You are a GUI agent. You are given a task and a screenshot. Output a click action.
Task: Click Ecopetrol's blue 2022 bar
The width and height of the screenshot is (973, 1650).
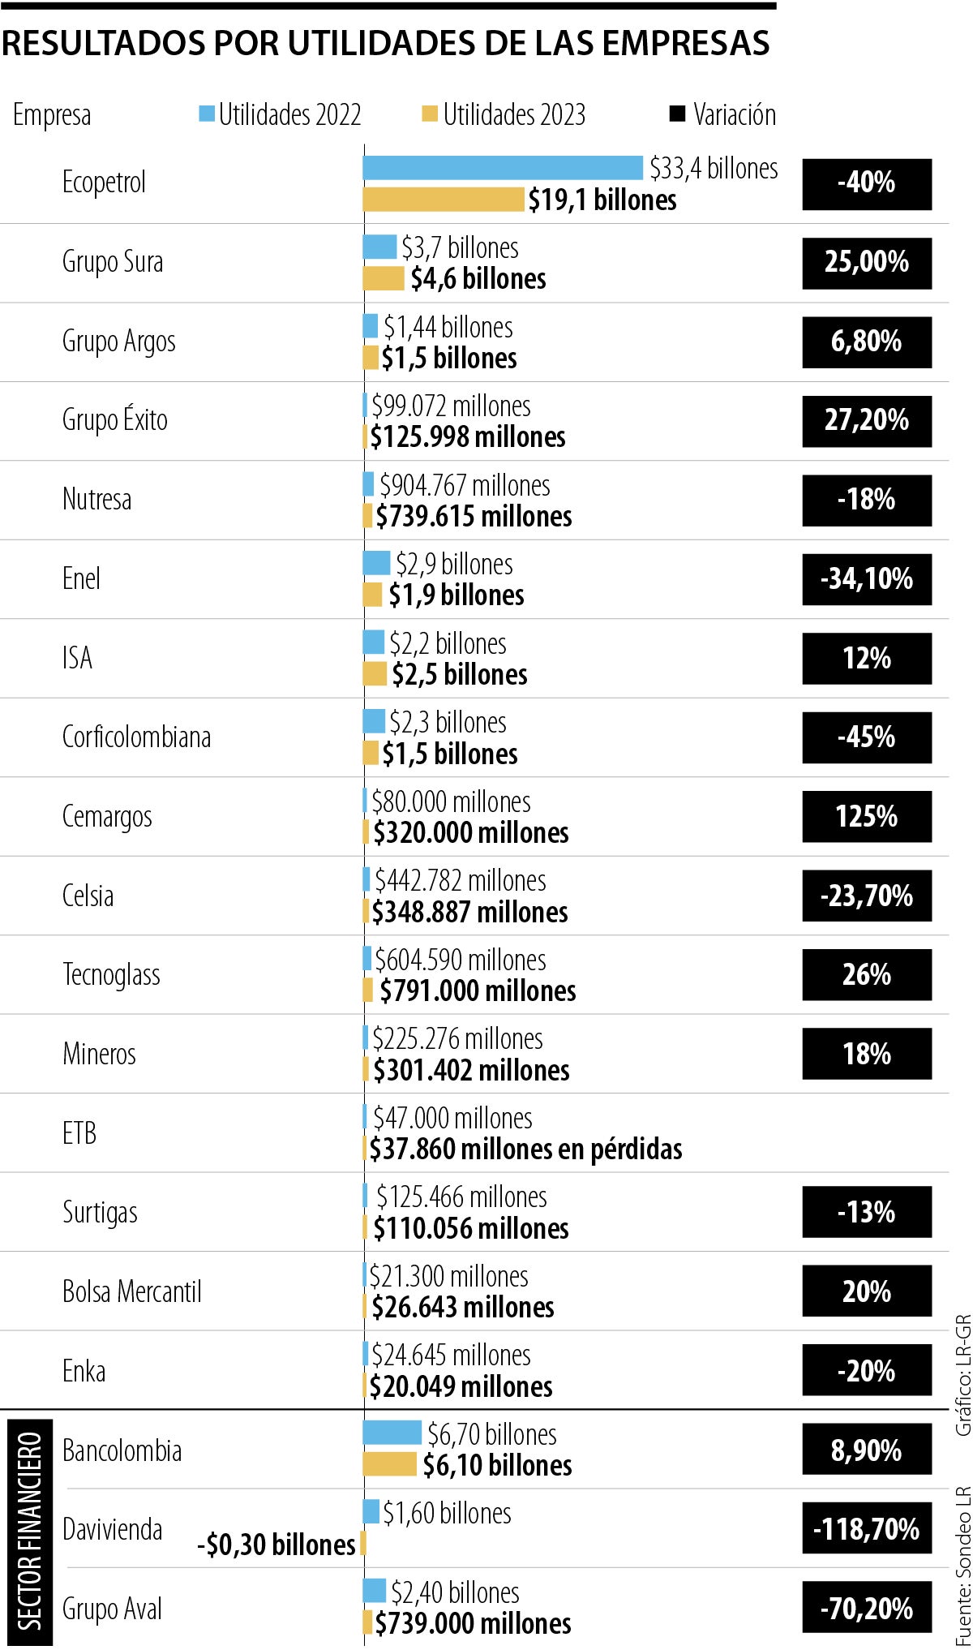tap(503, 168)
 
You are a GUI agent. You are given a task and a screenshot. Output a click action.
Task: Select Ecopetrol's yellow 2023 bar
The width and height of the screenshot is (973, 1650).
tap(444, 200)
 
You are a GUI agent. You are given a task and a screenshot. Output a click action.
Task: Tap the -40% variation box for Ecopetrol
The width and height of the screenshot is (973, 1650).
tap(867, 184)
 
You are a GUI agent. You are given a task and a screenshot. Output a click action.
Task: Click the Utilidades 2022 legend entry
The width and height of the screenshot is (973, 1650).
tap(281, 115)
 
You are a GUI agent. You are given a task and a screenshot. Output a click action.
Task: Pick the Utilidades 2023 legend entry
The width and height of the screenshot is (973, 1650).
tap(504, 115)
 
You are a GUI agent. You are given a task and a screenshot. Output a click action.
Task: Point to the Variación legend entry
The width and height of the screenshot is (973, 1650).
tap(723, 115)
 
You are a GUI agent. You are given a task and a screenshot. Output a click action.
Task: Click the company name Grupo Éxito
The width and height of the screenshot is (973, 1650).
tap(115, 420)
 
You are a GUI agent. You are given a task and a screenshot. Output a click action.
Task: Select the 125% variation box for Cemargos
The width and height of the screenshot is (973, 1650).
tap(867, 817)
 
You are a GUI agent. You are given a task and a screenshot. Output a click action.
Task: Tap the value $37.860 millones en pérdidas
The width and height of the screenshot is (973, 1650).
tap(525, 1149)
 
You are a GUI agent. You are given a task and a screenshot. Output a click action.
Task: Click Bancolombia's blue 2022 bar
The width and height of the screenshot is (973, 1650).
tap(392, 1433)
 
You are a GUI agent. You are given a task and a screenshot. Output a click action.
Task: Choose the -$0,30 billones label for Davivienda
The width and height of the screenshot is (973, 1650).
tap(276, 1545)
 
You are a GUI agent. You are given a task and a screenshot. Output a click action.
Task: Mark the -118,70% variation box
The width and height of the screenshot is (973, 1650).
tap(867, 1529)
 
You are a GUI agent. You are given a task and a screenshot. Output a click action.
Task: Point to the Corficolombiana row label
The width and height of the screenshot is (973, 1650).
tap(136, 737)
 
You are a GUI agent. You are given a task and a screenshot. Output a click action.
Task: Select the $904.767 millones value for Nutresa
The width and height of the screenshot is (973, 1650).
tap(465, 485)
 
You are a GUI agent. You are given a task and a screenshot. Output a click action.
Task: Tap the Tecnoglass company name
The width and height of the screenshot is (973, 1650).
tap(111, 974)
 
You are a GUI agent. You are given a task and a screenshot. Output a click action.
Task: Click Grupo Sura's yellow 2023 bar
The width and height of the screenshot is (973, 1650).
tap(384, 278)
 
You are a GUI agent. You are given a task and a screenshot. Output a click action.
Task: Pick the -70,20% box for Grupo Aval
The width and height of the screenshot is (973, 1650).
tap(867, 1608)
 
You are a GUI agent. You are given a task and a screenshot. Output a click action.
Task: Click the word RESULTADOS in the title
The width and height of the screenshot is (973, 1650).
tap(103, 44)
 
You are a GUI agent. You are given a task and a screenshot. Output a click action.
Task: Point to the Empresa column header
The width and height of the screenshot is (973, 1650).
tap(52, 115)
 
